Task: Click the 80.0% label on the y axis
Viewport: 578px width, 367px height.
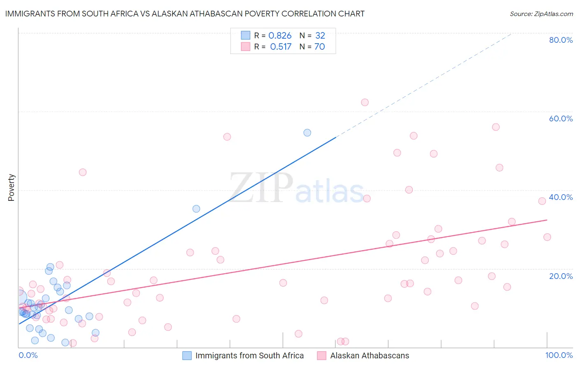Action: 561,40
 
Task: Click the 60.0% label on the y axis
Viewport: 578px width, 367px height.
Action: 561,118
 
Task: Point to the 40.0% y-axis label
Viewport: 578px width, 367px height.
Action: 561,197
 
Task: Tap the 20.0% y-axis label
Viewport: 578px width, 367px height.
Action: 561,276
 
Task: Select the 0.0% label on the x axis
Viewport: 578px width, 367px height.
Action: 28,355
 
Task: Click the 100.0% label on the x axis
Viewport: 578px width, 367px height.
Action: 559,355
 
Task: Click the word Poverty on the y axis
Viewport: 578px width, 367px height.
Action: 11,188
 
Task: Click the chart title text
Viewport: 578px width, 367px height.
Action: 185,14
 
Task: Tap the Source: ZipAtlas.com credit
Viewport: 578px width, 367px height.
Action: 541,14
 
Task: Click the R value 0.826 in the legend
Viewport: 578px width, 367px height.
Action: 280,36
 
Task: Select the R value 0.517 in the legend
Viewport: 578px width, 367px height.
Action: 280,47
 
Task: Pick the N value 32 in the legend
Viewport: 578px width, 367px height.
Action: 320,36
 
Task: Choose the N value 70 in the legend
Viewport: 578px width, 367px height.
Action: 319,47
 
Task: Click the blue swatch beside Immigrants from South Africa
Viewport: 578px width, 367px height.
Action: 187,355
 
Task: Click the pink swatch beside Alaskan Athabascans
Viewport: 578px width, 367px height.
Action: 321,355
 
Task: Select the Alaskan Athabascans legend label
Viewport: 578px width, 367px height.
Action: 370,355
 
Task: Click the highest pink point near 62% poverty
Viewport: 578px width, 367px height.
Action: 365,102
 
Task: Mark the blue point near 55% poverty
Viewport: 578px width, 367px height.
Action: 307,132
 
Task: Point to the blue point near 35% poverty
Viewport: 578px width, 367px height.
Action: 196,209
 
